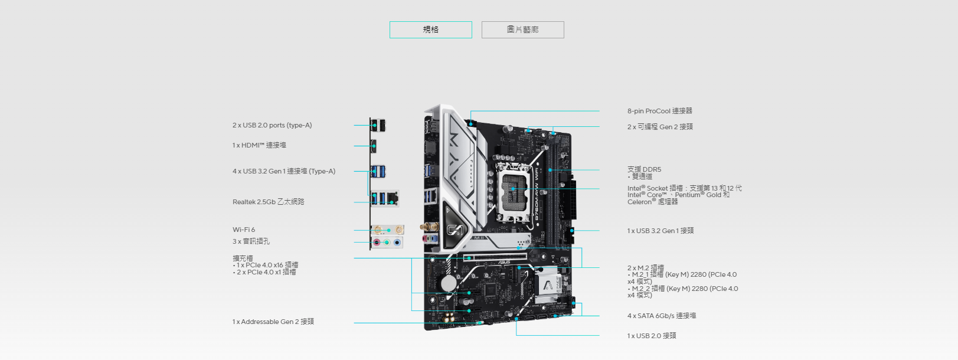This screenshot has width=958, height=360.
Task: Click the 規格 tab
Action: [431, 30]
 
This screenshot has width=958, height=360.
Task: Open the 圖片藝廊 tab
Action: [522, 30]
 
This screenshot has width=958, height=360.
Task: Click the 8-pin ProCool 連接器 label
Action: [660, 111]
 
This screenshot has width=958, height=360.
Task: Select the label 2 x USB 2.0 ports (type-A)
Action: [272, 125]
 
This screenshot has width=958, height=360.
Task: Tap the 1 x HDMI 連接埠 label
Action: [259, 145]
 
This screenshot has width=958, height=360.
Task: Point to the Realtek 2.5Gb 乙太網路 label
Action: [269, 202]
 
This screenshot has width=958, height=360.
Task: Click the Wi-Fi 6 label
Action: [244, 230]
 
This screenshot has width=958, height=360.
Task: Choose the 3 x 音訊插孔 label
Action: [251, 241]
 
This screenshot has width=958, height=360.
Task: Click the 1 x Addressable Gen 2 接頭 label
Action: [273, 322]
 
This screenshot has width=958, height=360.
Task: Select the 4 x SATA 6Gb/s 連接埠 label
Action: [662, 316]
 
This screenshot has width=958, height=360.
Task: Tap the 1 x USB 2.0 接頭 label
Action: [652, 336]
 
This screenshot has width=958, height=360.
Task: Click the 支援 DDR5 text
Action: [644, 169]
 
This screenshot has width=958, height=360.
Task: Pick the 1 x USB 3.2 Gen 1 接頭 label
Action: [661, 231]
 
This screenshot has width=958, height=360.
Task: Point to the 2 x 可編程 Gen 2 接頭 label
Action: [660, 127]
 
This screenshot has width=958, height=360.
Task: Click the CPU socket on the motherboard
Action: [512, 189]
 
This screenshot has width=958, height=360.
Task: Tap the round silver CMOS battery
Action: [449, 283]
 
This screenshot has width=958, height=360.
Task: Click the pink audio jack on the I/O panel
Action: [377, 242]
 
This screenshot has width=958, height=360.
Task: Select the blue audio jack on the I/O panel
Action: [397, 242]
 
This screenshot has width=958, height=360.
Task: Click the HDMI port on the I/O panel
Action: [374, 146]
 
